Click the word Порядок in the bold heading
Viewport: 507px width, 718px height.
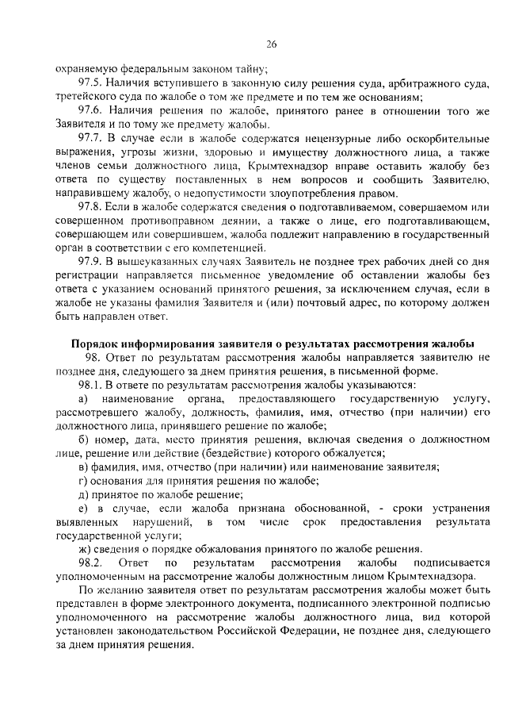click(x=96, y=344)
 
